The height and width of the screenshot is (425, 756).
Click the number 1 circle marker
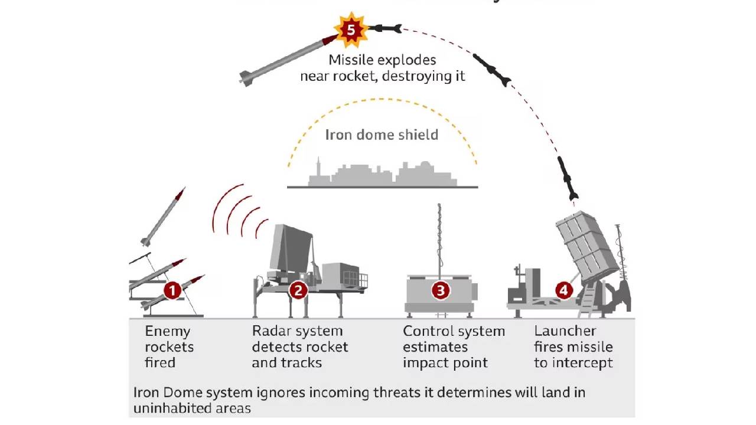pos(172,290)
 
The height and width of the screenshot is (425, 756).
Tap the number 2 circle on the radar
pos(298,290)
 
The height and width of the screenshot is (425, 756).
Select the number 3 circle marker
pos(440,290)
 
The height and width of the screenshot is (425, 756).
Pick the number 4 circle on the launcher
pos(564,290)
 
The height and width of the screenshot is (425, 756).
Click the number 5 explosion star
pos(351,29)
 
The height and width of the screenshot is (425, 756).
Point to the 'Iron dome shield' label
pos(382,135)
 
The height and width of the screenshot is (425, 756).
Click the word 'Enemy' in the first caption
pos(168,331)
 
